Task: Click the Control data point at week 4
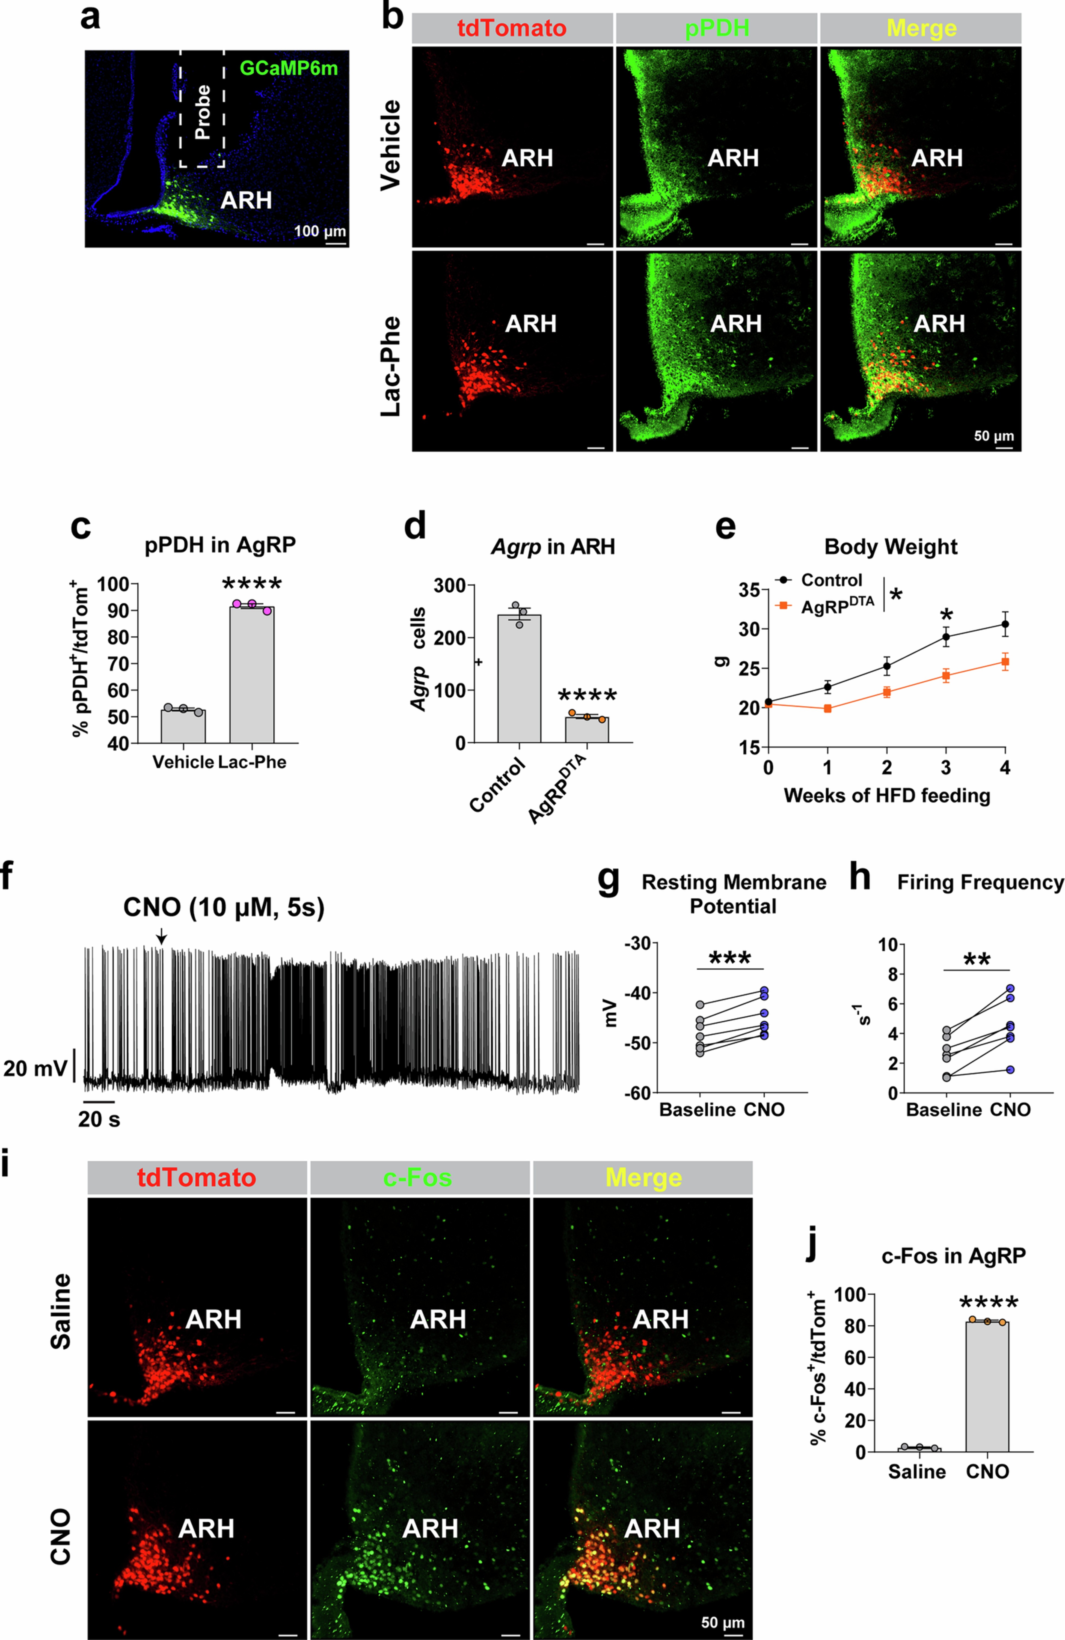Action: click(x=1005, y=624)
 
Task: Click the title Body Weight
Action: click(x=891, y=547)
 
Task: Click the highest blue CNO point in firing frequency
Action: click(x=1011, y=988)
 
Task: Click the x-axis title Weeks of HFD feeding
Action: click(x=886, y=796)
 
